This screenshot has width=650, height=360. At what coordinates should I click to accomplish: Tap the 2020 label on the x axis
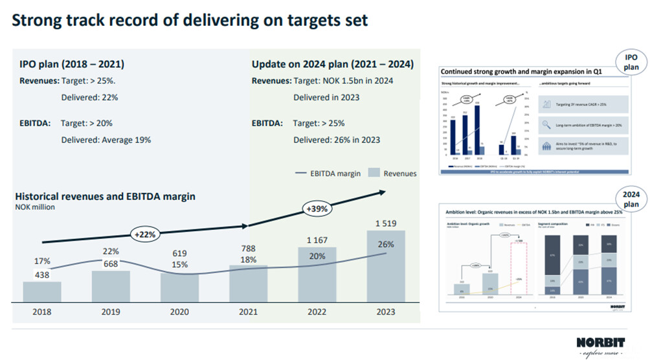pyautogui.click(x=180, y=311)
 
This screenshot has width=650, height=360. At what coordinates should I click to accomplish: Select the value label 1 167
pyautogui.click(x=318, y=241)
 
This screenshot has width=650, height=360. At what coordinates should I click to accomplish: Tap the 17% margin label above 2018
pyautogui.click(x=42, y=261)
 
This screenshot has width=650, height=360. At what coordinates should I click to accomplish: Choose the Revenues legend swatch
pyautogui.click(x=374, y=174)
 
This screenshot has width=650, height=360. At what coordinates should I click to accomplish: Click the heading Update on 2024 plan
pyautogui.click(x=332, y=65)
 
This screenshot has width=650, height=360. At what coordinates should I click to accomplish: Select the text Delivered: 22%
pyautogui.click(x=89, y=97)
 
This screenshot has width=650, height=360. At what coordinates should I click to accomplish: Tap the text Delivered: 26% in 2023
pyautogui.click(x=337, y=139)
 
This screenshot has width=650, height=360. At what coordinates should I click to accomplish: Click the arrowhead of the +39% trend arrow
pyautogui.click(x=383, y=191)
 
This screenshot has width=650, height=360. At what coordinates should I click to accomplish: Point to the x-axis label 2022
pyautogui.click(x=318, y=311)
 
